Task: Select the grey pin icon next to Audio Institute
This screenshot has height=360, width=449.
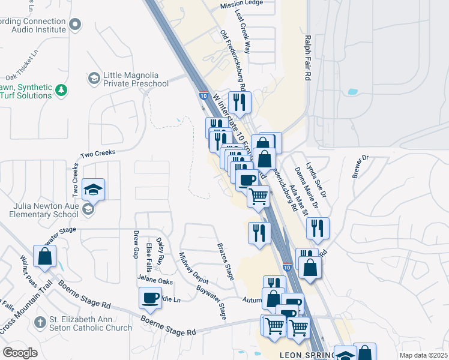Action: [75, 25]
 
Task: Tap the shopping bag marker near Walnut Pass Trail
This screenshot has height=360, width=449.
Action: [45, 257]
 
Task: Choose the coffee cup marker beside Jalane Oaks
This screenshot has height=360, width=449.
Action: [150, 298]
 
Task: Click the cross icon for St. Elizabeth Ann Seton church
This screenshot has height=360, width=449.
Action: [40, 322]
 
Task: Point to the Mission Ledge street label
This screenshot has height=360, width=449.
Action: [242, 5]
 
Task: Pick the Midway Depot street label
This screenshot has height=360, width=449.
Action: [194, 268]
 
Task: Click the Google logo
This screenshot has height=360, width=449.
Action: [20, 353]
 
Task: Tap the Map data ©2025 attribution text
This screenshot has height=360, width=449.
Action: [423, 355]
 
